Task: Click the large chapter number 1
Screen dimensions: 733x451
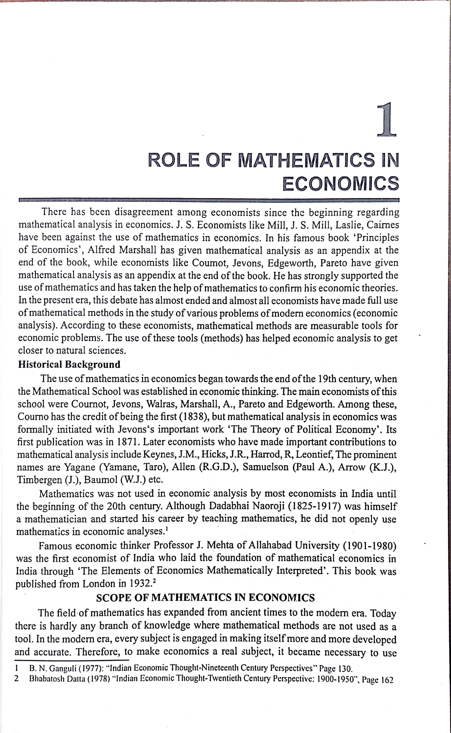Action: pyautogui.click(x=386, y=119)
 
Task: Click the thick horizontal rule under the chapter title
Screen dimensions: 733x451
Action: pyautogui.click(x=209, y=200)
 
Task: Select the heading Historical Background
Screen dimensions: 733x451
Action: pyautogui.click(x=69, y=365)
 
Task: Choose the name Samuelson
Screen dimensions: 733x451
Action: pyautogui.click(x=266, y=467)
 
